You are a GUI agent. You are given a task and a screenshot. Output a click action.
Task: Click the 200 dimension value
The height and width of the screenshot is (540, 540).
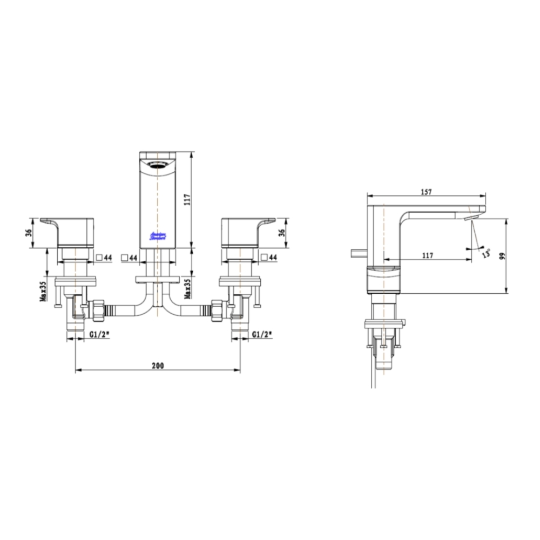pyautogui.click(x=157, y=366)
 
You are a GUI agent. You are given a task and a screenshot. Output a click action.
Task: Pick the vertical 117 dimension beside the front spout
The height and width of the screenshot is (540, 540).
pyautogui.click(x=186, y=200)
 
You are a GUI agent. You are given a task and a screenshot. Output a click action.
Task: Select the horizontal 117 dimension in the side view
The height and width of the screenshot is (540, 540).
pyautogui.click(x=427, y=256)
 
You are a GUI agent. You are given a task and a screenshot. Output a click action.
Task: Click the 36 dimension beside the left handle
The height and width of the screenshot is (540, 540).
pyautogui.click(x=29, y=233)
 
